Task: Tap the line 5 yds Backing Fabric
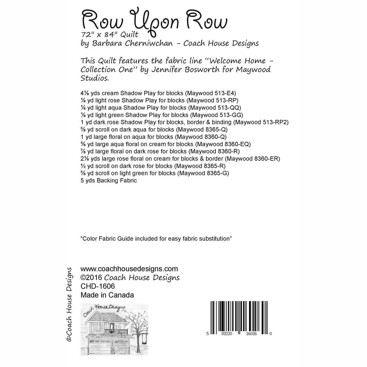pyautogui.click(x=109, y=181)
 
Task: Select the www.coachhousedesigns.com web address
pyautogui.click(x=129, y=269)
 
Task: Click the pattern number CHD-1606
pyautogui.click(x=98, y=286)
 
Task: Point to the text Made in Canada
pyautogui.click(x=107, y=295)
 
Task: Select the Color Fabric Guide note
pyautogui.click(x=156, y=239)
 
